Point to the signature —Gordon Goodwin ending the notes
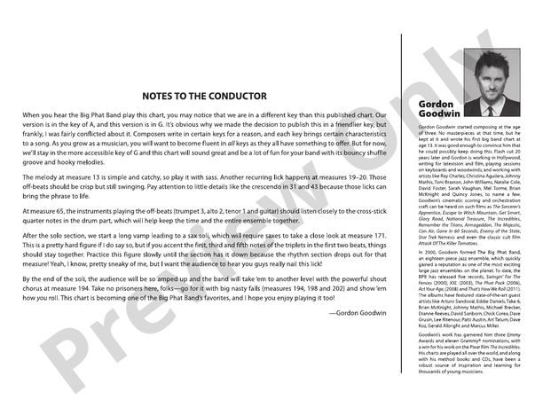point(358,312)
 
